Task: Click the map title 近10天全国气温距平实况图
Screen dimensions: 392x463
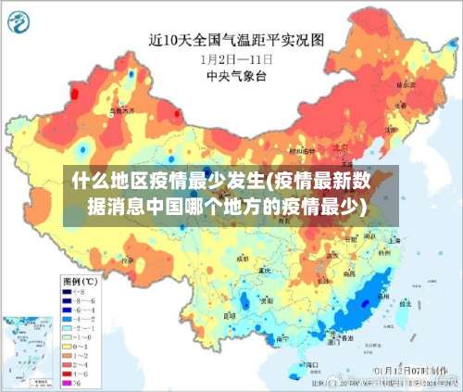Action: point(236,40)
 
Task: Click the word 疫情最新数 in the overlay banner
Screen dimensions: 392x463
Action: point(325,180)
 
